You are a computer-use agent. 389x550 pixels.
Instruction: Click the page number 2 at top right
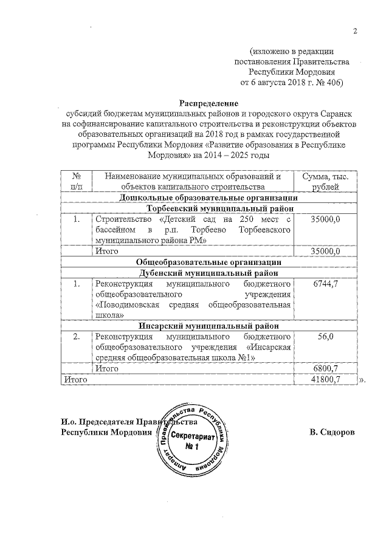pos(357,32)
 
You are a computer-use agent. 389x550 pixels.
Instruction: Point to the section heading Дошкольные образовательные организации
pos(208,198)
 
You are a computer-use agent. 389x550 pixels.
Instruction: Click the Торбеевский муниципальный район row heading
pos(208,208)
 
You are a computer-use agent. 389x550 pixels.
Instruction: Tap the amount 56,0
pos(330,337)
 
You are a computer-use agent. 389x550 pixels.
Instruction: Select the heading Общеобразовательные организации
pos(208,262)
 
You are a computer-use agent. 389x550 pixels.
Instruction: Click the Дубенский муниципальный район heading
pos(208,273)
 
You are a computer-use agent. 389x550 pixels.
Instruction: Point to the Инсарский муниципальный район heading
pos(208,326)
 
